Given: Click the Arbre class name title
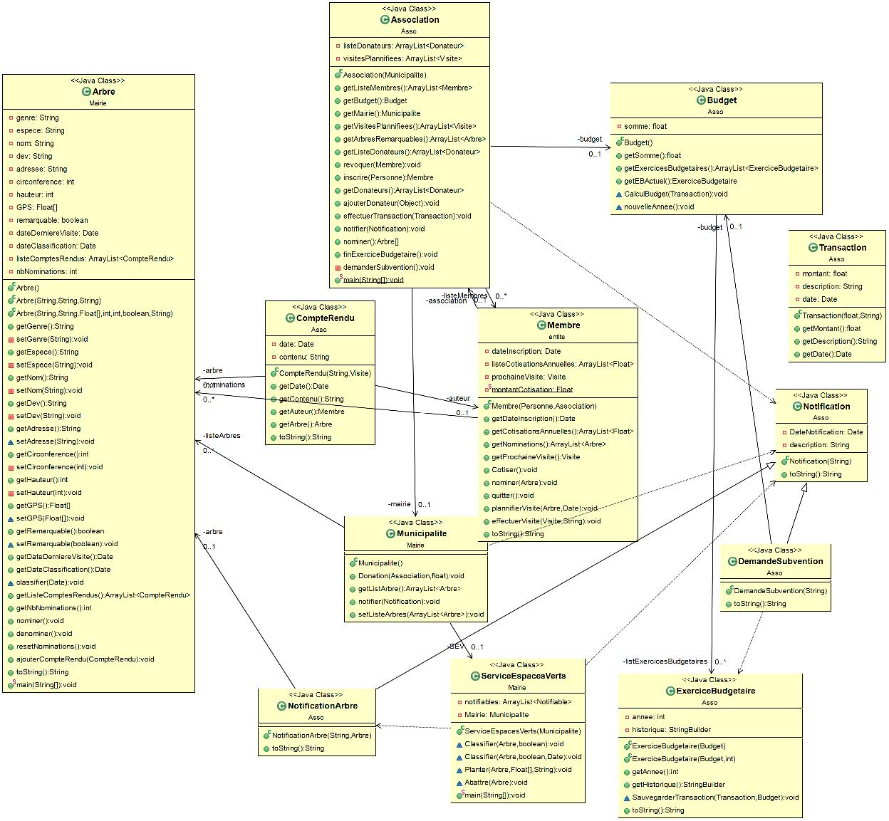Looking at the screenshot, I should pos(103,92).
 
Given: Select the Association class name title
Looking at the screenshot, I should pos(415,20).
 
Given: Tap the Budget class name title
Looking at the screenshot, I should pos(721,100).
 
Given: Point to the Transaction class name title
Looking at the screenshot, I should pos(843,248).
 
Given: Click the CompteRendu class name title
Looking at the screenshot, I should pos(325,318).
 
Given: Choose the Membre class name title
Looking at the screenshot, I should pos(563,325).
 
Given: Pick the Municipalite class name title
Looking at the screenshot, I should pos(422,533).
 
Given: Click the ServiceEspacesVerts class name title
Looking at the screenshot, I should pos(523,676).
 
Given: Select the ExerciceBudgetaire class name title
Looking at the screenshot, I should pos(715,691).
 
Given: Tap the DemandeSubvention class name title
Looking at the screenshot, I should pos(780,561).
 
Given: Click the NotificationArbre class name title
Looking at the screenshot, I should pos(322,706).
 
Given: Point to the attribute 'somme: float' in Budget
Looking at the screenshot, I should pos(645,127).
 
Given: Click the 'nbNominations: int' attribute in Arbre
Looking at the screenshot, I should pos(46,271).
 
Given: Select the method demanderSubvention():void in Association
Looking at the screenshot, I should pos(388,267).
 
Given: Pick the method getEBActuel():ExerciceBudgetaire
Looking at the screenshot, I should pos(680,181).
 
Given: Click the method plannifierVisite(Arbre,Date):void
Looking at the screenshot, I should pos(544,508).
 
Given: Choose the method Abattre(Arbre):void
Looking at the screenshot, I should pos(496,782).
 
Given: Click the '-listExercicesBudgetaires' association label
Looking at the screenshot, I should pos(665,661).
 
